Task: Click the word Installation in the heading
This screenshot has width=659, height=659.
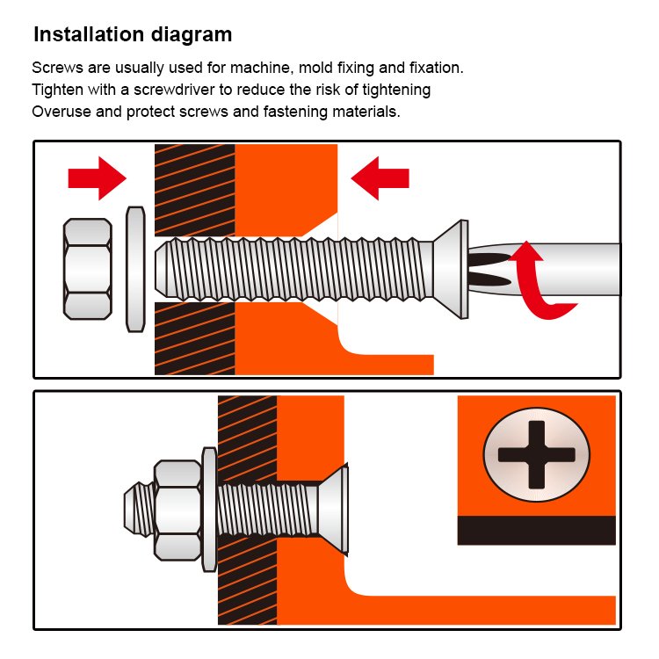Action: (x=89, y=34)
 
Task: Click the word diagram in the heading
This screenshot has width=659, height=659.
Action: (x=192, y=35)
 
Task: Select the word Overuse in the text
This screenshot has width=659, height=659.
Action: (x=62, y=112)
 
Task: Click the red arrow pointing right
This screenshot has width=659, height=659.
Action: (x=97, y=178)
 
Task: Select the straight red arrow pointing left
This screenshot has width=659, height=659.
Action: (x=380, y=178)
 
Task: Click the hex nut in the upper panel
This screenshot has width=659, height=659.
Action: (x=87, y=269)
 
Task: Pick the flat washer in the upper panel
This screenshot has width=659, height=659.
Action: (x=135, y=269)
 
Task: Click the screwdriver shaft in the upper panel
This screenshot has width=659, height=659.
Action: (x=547, y=270)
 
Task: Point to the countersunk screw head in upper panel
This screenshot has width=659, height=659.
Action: (x=451, y=270)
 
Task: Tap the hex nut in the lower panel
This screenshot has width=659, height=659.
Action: (x=177, y=511)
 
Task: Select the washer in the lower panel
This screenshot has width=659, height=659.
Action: (x=209, y=510)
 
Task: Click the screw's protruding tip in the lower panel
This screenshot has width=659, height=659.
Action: (x=139, y=510)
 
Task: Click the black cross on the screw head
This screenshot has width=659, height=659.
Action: (x=536, y=455)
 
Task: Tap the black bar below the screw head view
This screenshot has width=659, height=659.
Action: (x=536, y=531)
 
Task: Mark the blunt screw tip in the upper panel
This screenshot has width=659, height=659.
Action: (x=162, y=269)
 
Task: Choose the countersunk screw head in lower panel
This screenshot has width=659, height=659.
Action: (x=333, y=510)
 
